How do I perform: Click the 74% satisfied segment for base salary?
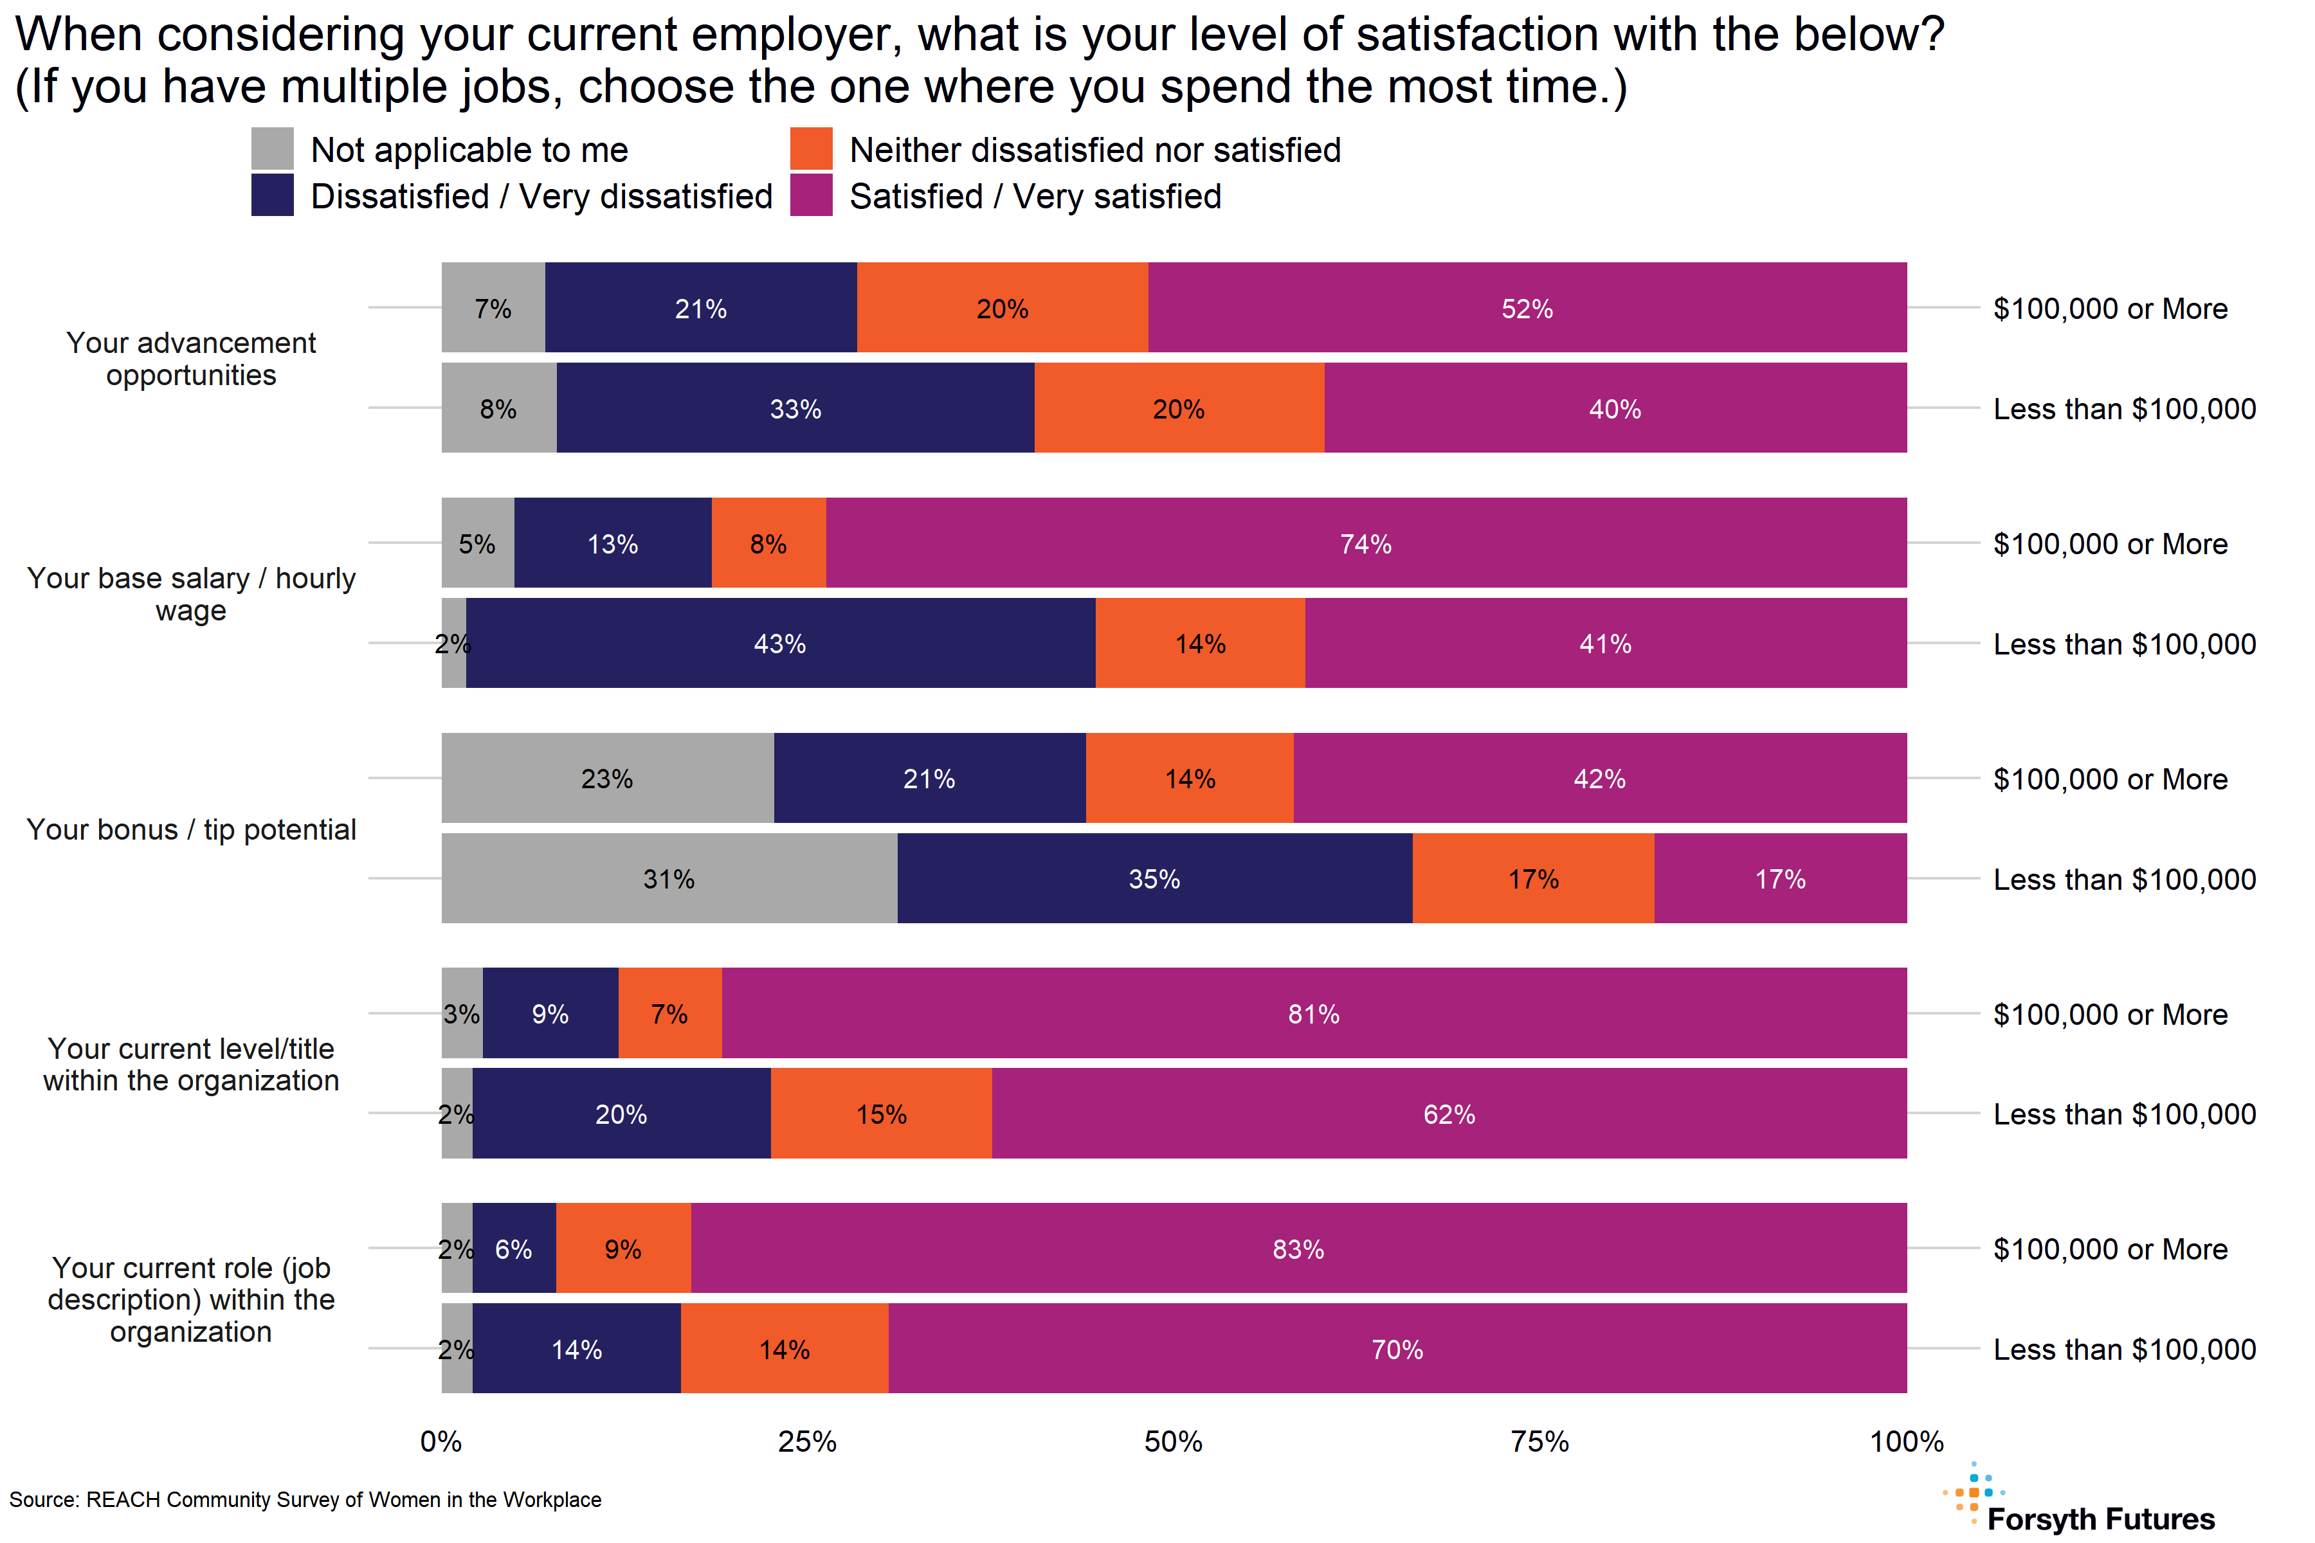coord(1366,543)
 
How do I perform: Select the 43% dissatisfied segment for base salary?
coord(781,644)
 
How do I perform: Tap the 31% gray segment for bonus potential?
coord(669,879)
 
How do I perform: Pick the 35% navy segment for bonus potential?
coord(1154,879)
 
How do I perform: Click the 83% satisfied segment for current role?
coord(1298,1249)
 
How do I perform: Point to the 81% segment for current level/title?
coord(1314,1014)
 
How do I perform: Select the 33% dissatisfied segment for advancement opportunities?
coord(795,408)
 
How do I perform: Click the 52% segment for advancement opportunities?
coord(1527,308)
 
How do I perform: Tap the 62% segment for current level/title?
coord(1449,1114)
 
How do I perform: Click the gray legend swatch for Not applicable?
coord(273,149)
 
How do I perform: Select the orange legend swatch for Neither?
coord(811,149)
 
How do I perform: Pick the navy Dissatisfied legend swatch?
coord(273,195)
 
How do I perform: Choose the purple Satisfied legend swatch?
coord(811,195)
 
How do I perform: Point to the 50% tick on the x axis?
coord(1173,1441)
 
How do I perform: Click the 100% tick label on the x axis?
coord(1907,1441)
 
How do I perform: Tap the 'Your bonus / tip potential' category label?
coord(191,829)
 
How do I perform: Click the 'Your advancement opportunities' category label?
coord(191,358)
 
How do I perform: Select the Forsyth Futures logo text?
coord(2100,1519)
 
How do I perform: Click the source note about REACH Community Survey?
coord(305,1500)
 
